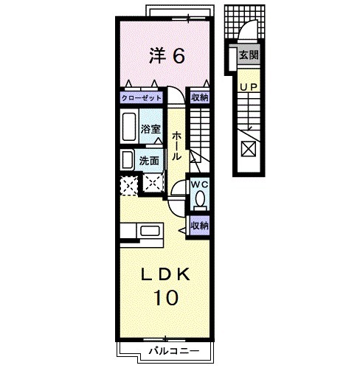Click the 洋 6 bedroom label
point(167,56)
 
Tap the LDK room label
point(165,274)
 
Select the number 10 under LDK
point(165,297)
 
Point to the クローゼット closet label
point(142,98)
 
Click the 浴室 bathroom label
point(150,129)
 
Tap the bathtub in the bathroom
point(129,127)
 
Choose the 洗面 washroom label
point(149,161)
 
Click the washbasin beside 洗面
point(128,160)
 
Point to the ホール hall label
point(176,146)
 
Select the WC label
point(200,184)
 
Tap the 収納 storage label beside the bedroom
point(200,97)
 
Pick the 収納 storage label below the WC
point(200,226)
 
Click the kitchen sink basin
point(150,231)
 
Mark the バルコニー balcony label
point(174,351)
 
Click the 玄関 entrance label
point(249,55)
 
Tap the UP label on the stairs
point(249,87)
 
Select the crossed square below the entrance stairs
point(249,150)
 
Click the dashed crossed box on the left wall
point(128,185)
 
